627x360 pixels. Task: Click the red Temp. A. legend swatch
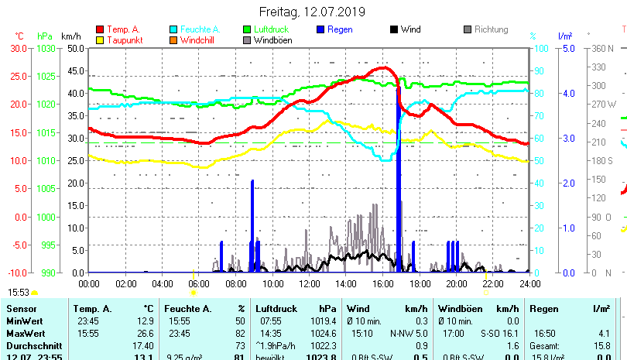click(x=100, y=29)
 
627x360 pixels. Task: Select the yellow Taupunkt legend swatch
click(x=100, y=40)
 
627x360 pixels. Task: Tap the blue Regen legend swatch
click(x=321, y=29)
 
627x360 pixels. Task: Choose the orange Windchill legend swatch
click(x=173, y=40)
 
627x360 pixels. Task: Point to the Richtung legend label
click(x=492, y=29)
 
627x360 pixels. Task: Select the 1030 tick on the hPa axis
click(x=46, y=48)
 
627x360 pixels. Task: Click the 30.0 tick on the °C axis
click(x=19, y=48)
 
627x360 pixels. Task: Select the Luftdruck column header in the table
click(x=276, y=308)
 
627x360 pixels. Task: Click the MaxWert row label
click(x=24, y=333)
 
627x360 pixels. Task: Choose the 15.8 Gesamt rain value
click(x=601, y=345)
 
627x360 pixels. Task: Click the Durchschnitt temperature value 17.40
click(x=143, y=345)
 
